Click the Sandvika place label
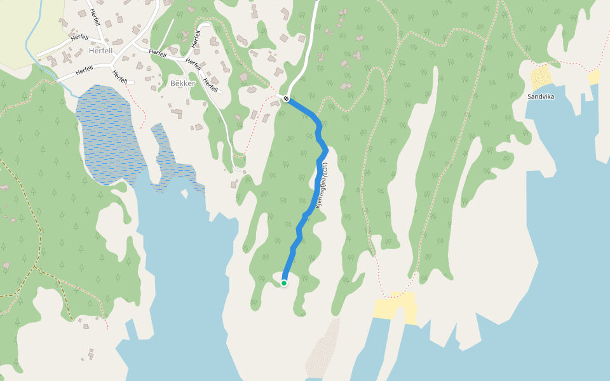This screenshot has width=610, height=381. [541, 97]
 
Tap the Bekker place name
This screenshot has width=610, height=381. [182, 83]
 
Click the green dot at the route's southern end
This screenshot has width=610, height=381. [284, 283]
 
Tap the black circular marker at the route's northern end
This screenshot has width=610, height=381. [287, 98]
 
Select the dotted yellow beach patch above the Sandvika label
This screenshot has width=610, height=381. [541, 77]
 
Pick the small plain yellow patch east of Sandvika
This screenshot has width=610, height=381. [594, 77]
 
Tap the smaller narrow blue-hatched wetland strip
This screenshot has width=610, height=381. [172, 162]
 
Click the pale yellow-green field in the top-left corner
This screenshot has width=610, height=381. [25, 25]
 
